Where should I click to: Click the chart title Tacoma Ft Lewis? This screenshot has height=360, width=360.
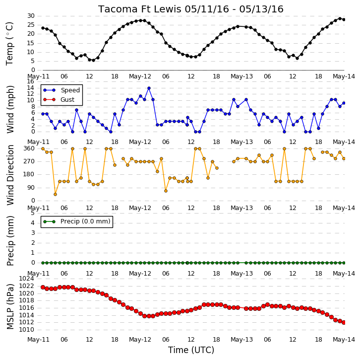[x=140, y=9]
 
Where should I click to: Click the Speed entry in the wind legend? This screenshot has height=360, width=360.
[x=61, y=90]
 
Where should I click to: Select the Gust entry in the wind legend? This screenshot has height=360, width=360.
[x=59, y=99]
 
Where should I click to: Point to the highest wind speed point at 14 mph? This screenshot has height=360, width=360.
[x=149, y=88]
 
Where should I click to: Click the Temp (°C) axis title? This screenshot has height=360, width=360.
[x=9, y=44]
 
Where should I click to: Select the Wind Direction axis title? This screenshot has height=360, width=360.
[x=10, y=175]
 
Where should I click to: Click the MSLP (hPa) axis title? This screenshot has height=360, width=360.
[x=10, y=306]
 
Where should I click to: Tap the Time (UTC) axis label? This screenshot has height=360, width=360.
[x=191, y=350]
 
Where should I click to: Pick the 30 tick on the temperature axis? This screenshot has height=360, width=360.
[x=31, y=16]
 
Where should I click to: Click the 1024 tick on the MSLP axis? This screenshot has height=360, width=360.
[x=26, y=279]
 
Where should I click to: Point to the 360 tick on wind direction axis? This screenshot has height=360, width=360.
[x=29, y=148]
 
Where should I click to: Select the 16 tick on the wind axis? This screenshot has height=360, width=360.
[x=31, y=81]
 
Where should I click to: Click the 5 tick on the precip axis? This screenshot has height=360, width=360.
[x=33, y=213]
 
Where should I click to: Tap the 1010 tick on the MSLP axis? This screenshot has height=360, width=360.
[x=26, y=330]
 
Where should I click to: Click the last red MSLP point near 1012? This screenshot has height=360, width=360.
[x=344, y=323]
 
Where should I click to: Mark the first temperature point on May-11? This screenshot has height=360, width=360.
[x=43, y=28]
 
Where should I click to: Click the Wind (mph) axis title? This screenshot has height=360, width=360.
[x=10, y=109]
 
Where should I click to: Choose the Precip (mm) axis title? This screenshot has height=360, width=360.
[x=10, y=241]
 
